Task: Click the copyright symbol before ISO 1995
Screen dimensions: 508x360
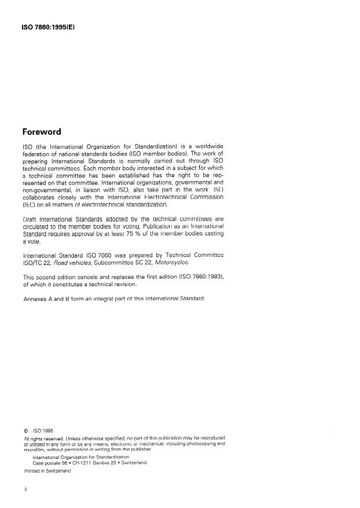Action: (25, 430)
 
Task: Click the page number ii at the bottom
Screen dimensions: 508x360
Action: (25, 490)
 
